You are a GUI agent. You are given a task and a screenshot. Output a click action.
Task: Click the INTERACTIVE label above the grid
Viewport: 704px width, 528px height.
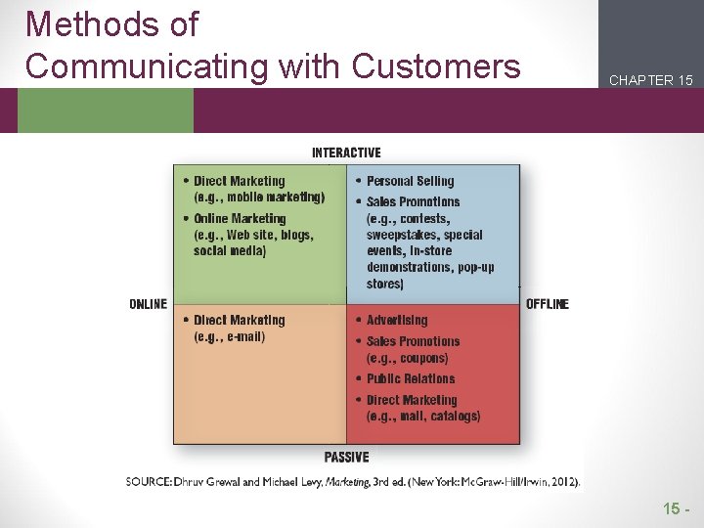(x=346, y=153)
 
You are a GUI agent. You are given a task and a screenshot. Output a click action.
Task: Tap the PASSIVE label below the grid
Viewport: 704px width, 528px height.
(x=346, y=457)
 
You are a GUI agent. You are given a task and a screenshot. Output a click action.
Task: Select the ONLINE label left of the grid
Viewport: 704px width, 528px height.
(x=148, y=304)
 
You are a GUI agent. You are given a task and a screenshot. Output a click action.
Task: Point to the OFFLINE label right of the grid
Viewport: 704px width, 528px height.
(x=548, y=304)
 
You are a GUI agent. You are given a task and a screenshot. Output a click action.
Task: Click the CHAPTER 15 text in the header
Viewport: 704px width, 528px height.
(x=650, y=80)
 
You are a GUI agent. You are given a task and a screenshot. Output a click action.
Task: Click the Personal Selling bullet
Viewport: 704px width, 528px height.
(x=410, y=181)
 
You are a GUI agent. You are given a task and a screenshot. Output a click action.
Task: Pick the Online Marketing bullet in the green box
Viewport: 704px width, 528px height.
(x=240, y=218)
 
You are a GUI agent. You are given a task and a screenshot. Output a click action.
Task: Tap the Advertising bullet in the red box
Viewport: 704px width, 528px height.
(x=397, y=320)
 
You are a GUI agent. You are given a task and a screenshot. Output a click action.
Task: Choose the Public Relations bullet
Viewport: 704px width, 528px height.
(x=411, y=378)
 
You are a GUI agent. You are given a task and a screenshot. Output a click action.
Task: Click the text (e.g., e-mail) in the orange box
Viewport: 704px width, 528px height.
(x=229, y=337)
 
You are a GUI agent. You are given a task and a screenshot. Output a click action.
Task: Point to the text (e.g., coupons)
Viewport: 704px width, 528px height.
(x=407, y=358)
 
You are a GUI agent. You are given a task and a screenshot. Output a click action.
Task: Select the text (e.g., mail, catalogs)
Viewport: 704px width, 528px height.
(x=423, y=417)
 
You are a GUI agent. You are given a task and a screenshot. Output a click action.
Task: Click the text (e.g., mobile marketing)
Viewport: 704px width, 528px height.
(x=259, y=197)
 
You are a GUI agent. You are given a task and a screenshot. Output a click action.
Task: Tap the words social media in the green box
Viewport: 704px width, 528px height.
(x=230, y=251)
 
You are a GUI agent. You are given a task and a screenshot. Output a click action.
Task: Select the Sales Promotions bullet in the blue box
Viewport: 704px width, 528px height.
(x=413, y=201)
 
